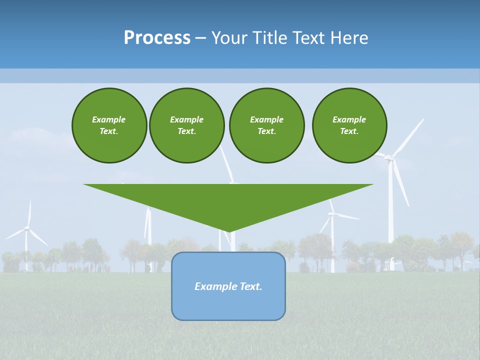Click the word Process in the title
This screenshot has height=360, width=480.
coord(157,38)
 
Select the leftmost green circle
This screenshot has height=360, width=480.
coord(109,125)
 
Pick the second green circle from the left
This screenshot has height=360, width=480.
coord(186,125)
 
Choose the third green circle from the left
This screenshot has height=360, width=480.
coord(266,125)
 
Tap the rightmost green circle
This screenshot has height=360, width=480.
coord(349,125)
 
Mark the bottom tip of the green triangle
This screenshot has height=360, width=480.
coord(228,231)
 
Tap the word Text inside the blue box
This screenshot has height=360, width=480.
coord(251,286)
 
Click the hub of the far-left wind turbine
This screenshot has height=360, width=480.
coord(27,228)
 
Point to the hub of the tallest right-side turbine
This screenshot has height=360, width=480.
coord(390,158)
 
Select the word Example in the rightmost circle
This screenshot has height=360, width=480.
coord(349,119)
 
